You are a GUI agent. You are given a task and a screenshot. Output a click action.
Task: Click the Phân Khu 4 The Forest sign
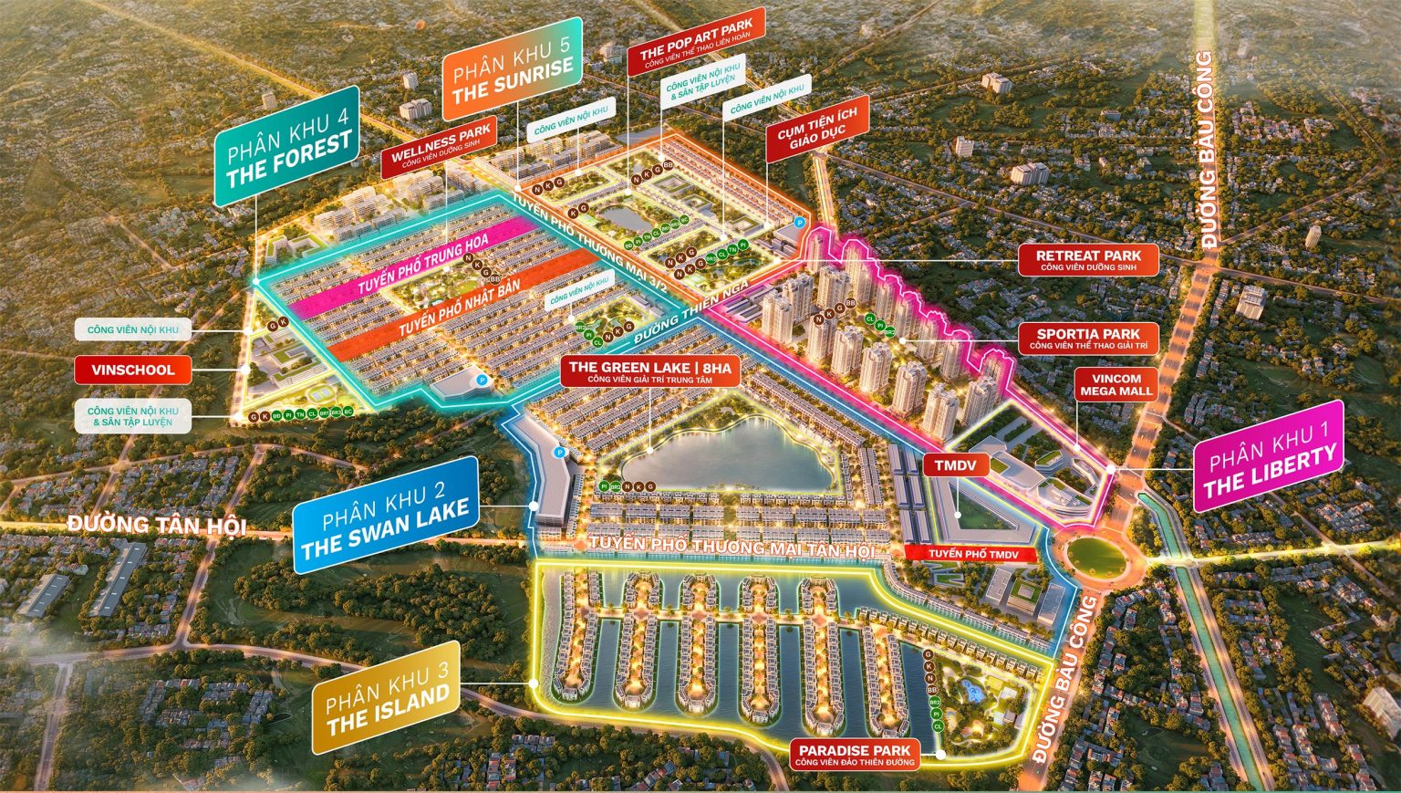[286, 147]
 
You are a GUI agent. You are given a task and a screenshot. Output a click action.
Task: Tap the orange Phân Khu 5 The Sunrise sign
[512, 69]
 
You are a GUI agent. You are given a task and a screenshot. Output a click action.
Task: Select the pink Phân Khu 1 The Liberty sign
[1269, 456]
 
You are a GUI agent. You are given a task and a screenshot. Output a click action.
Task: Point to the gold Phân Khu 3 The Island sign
[386, 699]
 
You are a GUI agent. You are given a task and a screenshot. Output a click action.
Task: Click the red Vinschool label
[133, 370]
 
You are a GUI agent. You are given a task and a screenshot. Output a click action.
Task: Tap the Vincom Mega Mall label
[1116, 384]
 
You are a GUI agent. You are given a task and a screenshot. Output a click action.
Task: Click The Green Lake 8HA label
[649, 371]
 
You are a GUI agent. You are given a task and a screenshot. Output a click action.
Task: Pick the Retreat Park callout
[1088, 260]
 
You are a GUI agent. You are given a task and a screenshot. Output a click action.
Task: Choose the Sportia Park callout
[1088, 339]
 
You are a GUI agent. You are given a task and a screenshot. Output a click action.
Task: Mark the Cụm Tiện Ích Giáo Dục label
[816, 129]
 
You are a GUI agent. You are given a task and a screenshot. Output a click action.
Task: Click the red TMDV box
[955, 465]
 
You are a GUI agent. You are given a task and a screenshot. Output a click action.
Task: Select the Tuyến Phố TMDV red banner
[974, 554]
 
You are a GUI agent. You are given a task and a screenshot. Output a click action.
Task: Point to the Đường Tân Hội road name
[157, 525]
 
